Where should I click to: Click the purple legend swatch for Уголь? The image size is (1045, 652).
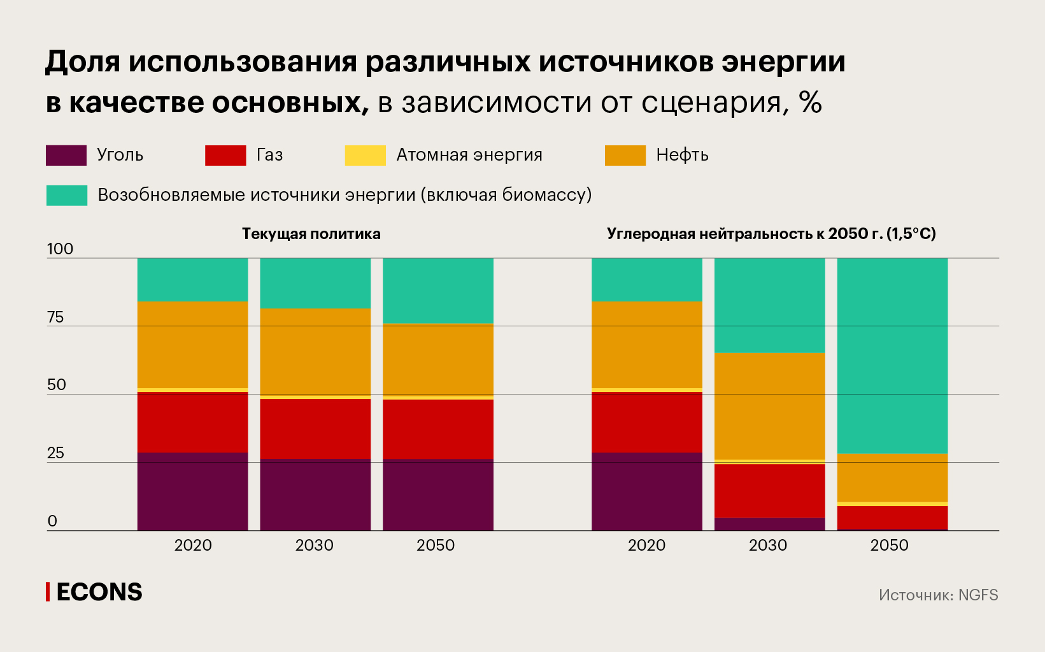66,156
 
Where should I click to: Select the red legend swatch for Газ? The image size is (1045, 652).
225,156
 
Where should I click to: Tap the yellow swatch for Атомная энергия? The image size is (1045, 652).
365,156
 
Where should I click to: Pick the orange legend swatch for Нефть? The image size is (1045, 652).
625,156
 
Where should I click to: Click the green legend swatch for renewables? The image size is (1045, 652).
67,195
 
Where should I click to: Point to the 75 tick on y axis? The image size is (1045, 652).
55,317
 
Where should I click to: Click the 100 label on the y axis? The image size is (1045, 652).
60,249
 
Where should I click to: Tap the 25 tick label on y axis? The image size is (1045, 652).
55,453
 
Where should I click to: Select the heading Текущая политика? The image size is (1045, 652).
311,234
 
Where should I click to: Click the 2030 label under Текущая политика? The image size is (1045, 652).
315,546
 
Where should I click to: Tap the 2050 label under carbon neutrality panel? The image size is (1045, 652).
889,546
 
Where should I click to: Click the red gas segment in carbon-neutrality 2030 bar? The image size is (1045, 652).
769,490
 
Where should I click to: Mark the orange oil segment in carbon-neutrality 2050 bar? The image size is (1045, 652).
892,477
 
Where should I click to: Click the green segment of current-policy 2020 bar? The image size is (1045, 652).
192,279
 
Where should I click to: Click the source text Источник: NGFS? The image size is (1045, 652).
938,595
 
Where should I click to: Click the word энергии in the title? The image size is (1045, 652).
783,62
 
